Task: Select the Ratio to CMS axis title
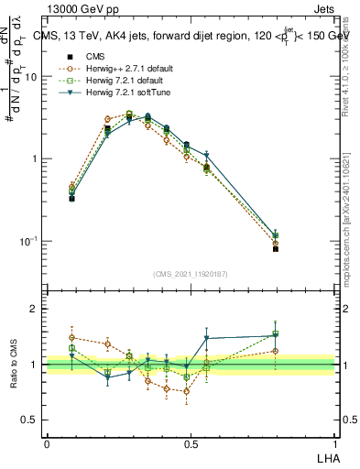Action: [14, 364]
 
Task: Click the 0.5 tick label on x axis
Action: [191, 442]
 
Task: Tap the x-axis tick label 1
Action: [334, 442]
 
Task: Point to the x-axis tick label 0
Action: [47, 442]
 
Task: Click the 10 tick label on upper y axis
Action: [31, 77]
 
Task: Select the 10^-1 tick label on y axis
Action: [28, 241]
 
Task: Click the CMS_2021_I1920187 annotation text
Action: [190, 273]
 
